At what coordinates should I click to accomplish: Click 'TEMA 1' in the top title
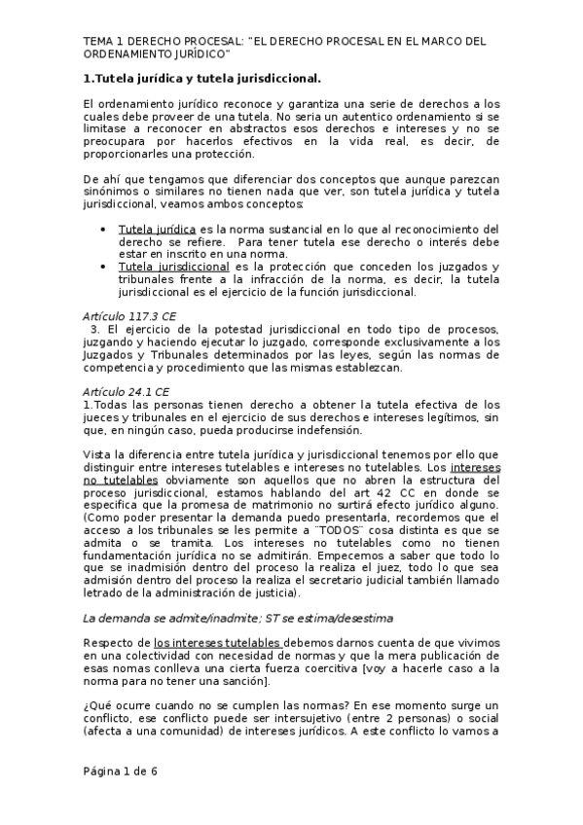point(103,42)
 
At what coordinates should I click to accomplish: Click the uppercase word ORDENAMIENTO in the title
point(129,54)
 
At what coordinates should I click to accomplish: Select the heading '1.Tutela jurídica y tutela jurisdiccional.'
point(201,77)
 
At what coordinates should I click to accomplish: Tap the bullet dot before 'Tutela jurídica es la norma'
point(104,229)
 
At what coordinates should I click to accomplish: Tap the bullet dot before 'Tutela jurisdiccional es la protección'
point(104,267)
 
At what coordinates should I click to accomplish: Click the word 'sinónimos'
point(112,192)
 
